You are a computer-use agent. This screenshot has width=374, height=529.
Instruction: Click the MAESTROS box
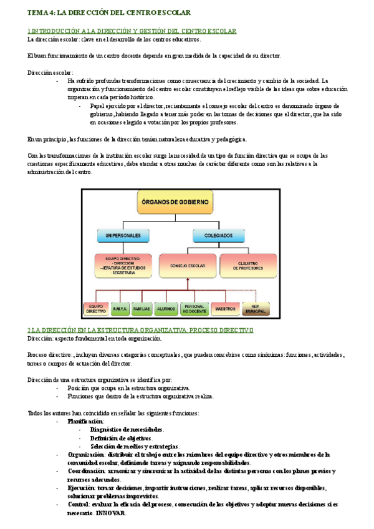point(224,308)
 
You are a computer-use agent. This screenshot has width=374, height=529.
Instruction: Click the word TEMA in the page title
point(36,12)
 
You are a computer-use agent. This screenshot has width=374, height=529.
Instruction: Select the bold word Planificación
point(87,421)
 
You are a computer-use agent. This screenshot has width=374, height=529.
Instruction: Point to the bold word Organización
point(86,455)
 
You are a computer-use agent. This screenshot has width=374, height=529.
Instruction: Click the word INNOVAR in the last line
point(111,513)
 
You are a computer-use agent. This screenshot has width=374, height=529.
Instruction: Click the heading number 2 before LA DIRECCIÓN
point(29,329)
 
